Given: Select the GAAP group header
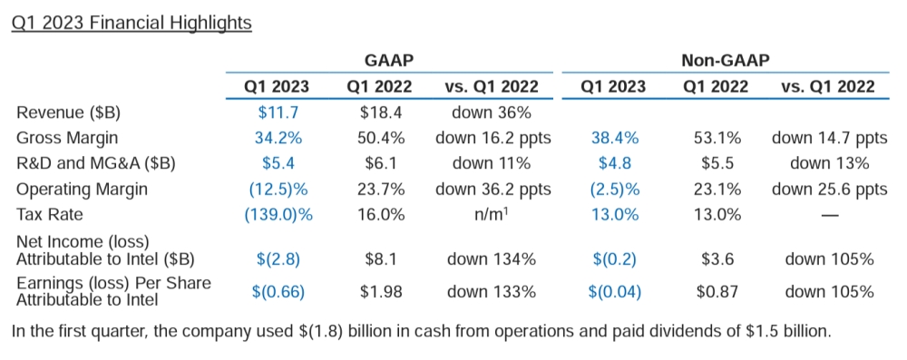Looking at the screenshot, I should pos(388,61).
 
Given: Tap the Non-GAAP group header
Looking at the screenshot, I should pos(725,61).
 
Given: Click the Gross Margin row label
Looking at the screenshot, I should pos(68,138).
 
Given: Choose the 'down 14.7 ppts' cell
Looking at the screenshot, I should pos(829,138).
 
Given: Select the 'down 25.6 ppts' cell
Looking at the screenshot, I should pos(829,189).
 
